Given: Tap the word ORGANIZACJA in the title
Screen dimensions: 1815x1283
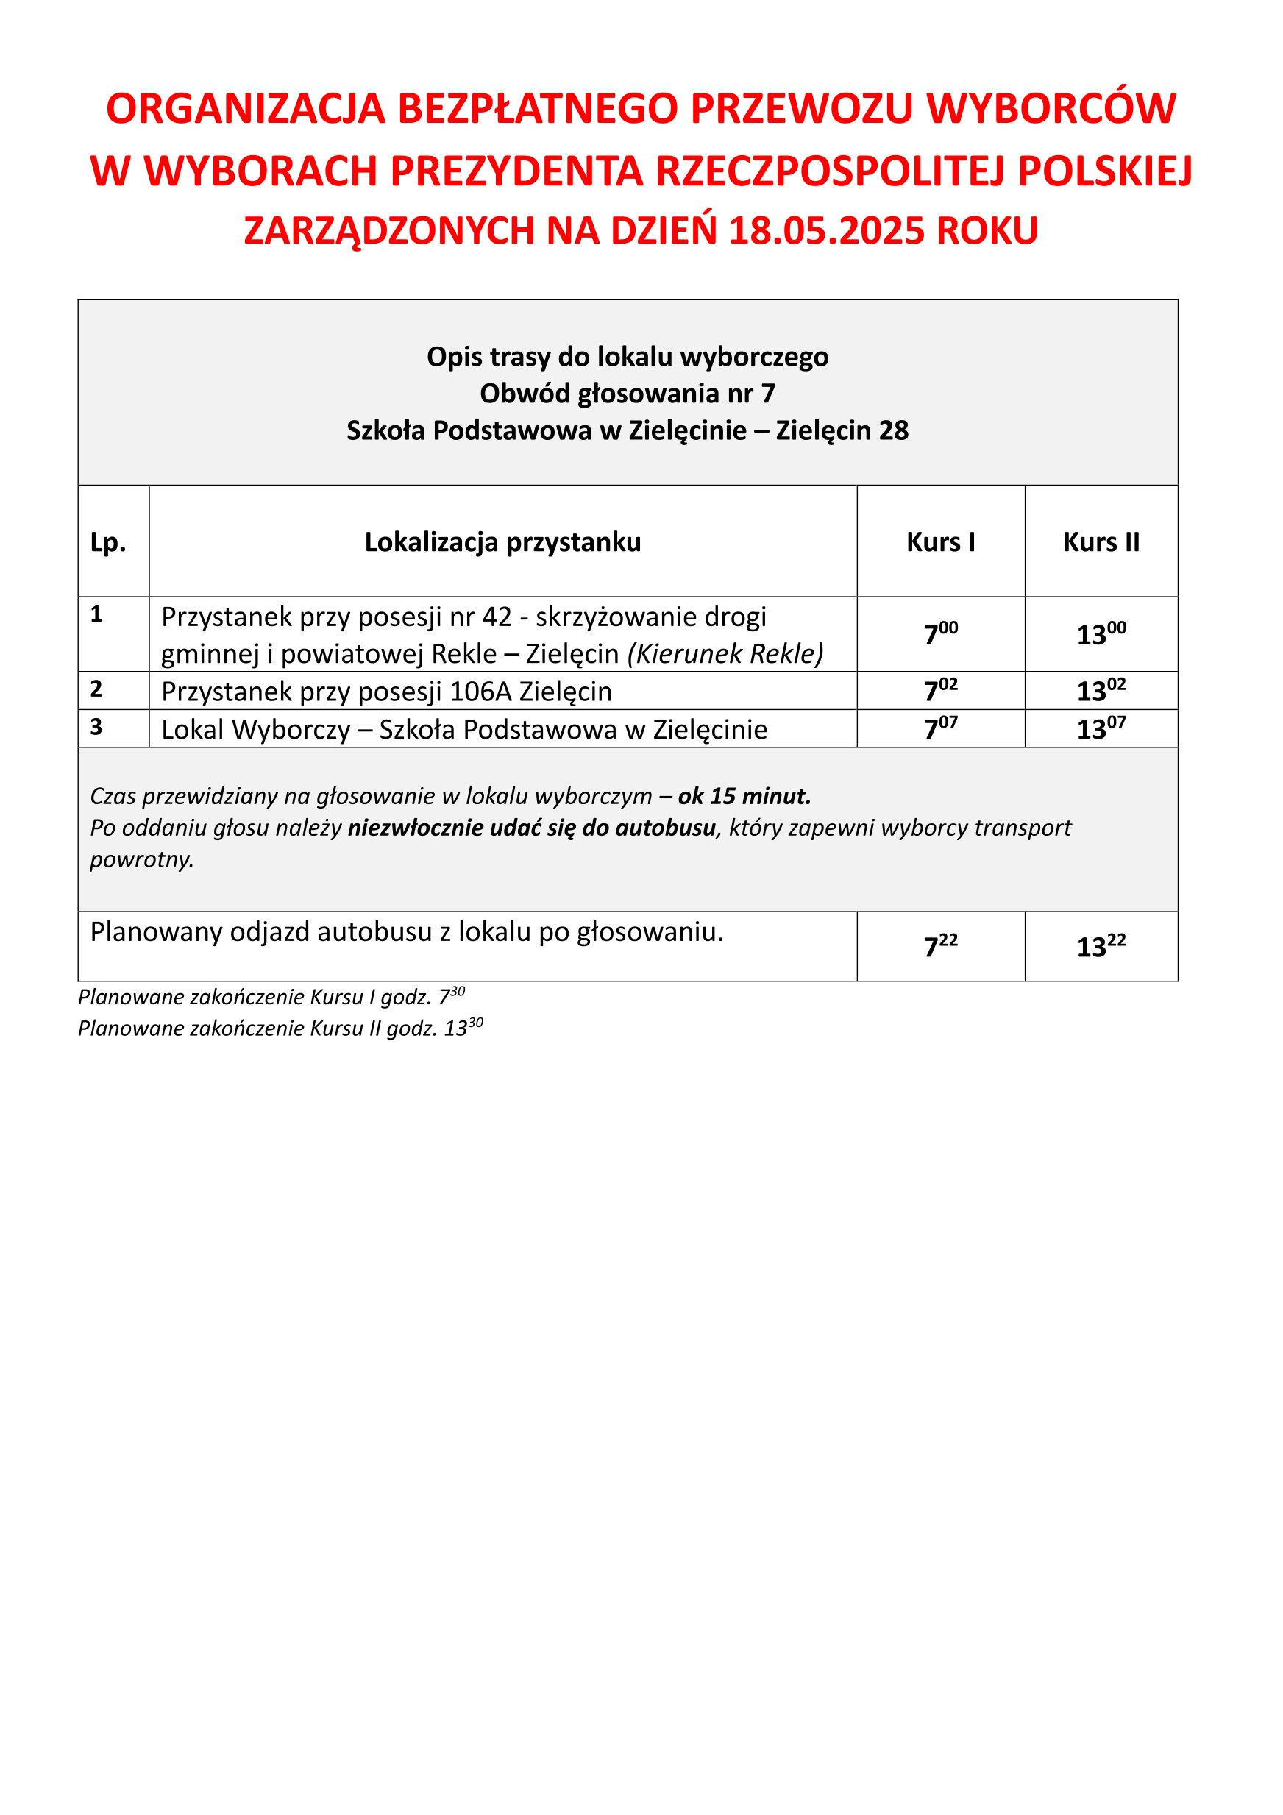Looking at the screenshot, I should pos(245,109).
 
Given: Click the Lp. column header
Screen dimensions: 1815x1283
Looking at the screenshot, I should pos(108,542).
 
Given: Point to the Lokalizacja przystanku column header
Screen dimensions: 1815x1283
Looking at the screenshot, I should pos(502,542).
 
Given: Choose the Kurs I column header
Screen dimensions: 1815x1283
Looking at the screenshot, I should pos(941,542).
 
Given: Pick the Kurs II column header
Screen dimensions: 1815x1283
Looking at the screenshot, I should pos(1101,542).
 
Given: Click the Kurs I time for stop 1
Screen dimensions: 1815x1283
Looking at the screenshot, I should pos(941,634).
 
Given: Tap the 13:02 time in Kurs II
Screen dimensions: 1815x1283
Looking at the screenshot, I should pos(1101,690).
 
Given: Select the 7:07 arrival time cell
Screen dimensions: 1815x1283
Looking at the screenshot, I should pos(941,728).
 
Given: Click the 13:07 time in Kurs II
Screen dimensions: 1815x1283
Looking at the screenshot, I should pos(1101,728).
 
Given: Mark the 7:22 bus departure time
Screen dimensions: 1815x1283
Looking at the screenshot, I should pos(941,946).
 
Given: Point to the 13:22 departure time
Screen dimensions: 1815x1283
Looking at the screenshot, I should pos(1101,946).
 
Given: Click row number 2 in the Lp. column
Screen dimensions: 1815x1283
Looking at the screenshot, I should pos(96,689).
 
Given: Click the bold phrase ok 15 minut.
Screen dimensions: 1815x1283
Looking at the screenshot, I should pos(744,796).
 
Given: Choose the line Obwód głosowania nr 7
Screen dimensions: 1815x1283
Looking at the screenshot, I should pos(628,394).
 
